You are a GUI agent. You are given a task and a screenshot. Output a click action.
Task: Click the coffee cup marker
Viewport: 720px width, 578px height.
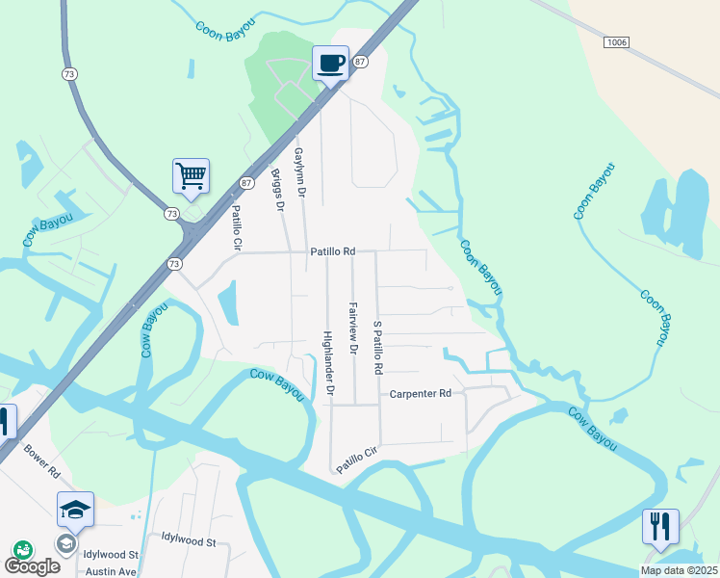tap(330, 64)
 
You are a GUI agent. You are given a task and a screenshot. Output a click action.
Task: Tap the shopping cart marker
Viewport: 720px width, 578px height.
tap(191, 177)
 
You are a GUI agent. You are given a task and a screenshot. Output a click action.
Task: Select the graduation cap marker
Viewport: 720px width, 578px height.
tap(75, 510)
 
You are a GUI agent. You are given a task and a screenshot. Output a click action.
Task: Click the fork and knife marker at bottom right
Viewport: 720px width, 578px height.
tap(660, 527)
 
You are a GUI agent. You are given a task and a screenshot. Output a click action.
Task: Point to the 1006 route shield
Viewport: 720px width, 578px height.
tap(617, 42)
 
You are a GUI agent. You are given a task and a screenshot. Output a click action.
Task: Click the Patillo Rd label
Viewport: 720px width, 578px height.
tap(332, 251)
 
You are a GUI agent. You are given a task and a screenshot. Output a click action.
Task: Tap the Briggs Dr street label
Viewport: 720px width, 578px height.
tap(278, 192)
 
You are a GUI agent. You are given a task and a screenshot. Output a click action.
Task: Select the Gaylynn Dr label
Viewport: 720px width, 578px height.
tap(299, 173)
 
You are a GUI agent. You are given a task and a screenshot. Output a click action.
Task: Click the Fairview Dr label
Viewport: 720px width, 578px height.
tap(352, 328)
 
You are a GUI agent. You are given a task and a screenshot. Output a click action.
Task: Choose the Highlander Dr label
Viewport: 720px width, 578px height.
tap(328, 364)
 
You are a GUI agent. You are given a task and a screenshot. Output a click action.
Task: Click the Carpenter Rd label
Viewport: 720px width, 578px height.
tap(420, 394)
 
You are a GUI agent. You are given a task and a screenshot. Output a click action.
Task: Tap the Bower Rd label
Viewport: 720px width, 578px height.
tap(41, 462)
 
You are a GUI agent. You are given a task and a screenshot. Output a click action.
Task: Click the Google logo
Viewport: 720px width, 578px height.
tap(32, 566)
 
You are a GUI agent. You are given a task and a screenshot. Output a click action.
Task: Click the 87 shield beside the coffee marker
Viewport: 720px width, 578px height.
tap(360, 62)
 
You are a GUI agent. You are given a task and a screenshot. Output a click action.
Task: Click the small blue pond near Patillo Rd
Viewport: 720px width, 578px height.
tap(229, 303)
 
